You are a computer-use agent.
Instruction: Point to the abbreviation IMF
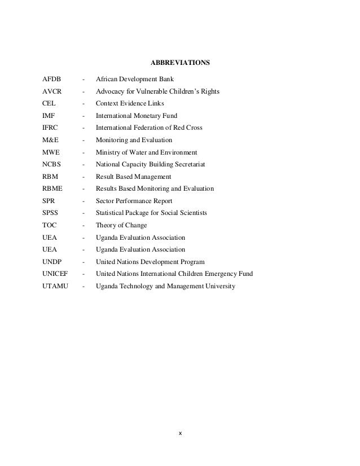[x=49, y=116]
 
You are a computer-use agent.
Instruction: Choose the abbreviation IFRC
[x=50, y=128]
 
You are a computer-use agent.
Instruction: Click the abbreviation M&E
[x=50, y=140]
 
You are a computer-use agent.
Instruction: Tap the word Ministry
[x=108, y=152]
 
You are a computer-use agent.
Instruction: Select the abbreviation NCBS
[x=51, y=164]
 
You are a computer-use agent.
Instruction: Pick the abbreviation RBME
[x=52, y=188]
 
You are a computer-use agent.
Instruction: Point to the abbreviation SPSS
[x=50, y=213]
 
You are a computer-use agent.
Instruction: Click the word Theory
[x=106, y=225]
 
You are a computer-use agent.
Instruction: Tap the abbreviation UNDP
[x=51, y=262]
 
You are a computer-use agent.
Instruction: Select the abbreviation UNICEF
[x=55, y=274]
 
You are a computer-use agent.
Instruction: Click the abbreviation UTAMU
[x=55, y=286]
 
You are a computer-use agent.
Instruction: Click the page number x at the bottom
[x=180, y=434]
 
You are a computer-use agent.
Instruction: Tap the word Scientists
[x=192, y=213]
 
